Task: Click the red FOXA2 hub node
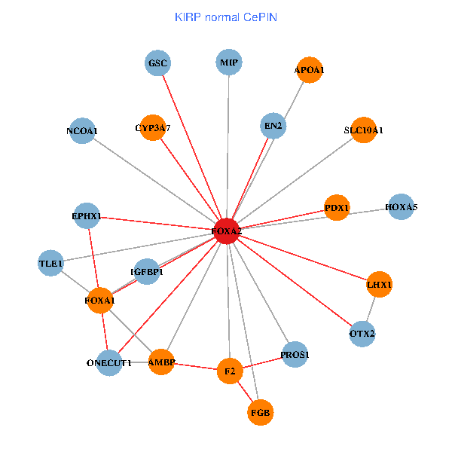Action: coord(227,231)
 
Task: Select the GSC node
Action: coord(158,63)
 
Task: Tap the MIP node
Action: coord(230,63)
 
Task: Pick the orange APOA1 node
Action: coord(309,70)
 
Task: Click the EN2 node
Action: coord(273,126)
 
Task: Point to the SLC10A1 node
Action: coord(363,130)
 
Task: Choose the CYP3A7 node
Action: coord(153,128)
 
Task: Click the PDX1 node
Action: coord(337,207)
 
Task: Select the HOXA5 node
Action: coord(401,206)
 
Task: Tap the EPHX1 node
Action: coord(87,216)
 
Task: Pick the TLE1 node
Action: coord(51,264)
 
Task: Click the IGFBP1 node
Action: coord(147,271)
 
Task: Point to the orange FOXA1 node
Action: coord(100,301)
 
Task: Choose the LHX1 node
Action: coord(379,285)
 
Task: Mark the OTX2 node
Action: coord(362,333)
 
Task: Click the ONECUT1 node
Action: coord(109,362)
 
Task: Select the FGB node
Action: coord(260,412)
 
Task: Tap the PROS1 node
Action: coord(295,354)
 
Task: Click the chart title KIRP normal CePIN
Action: coord(225,17)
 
